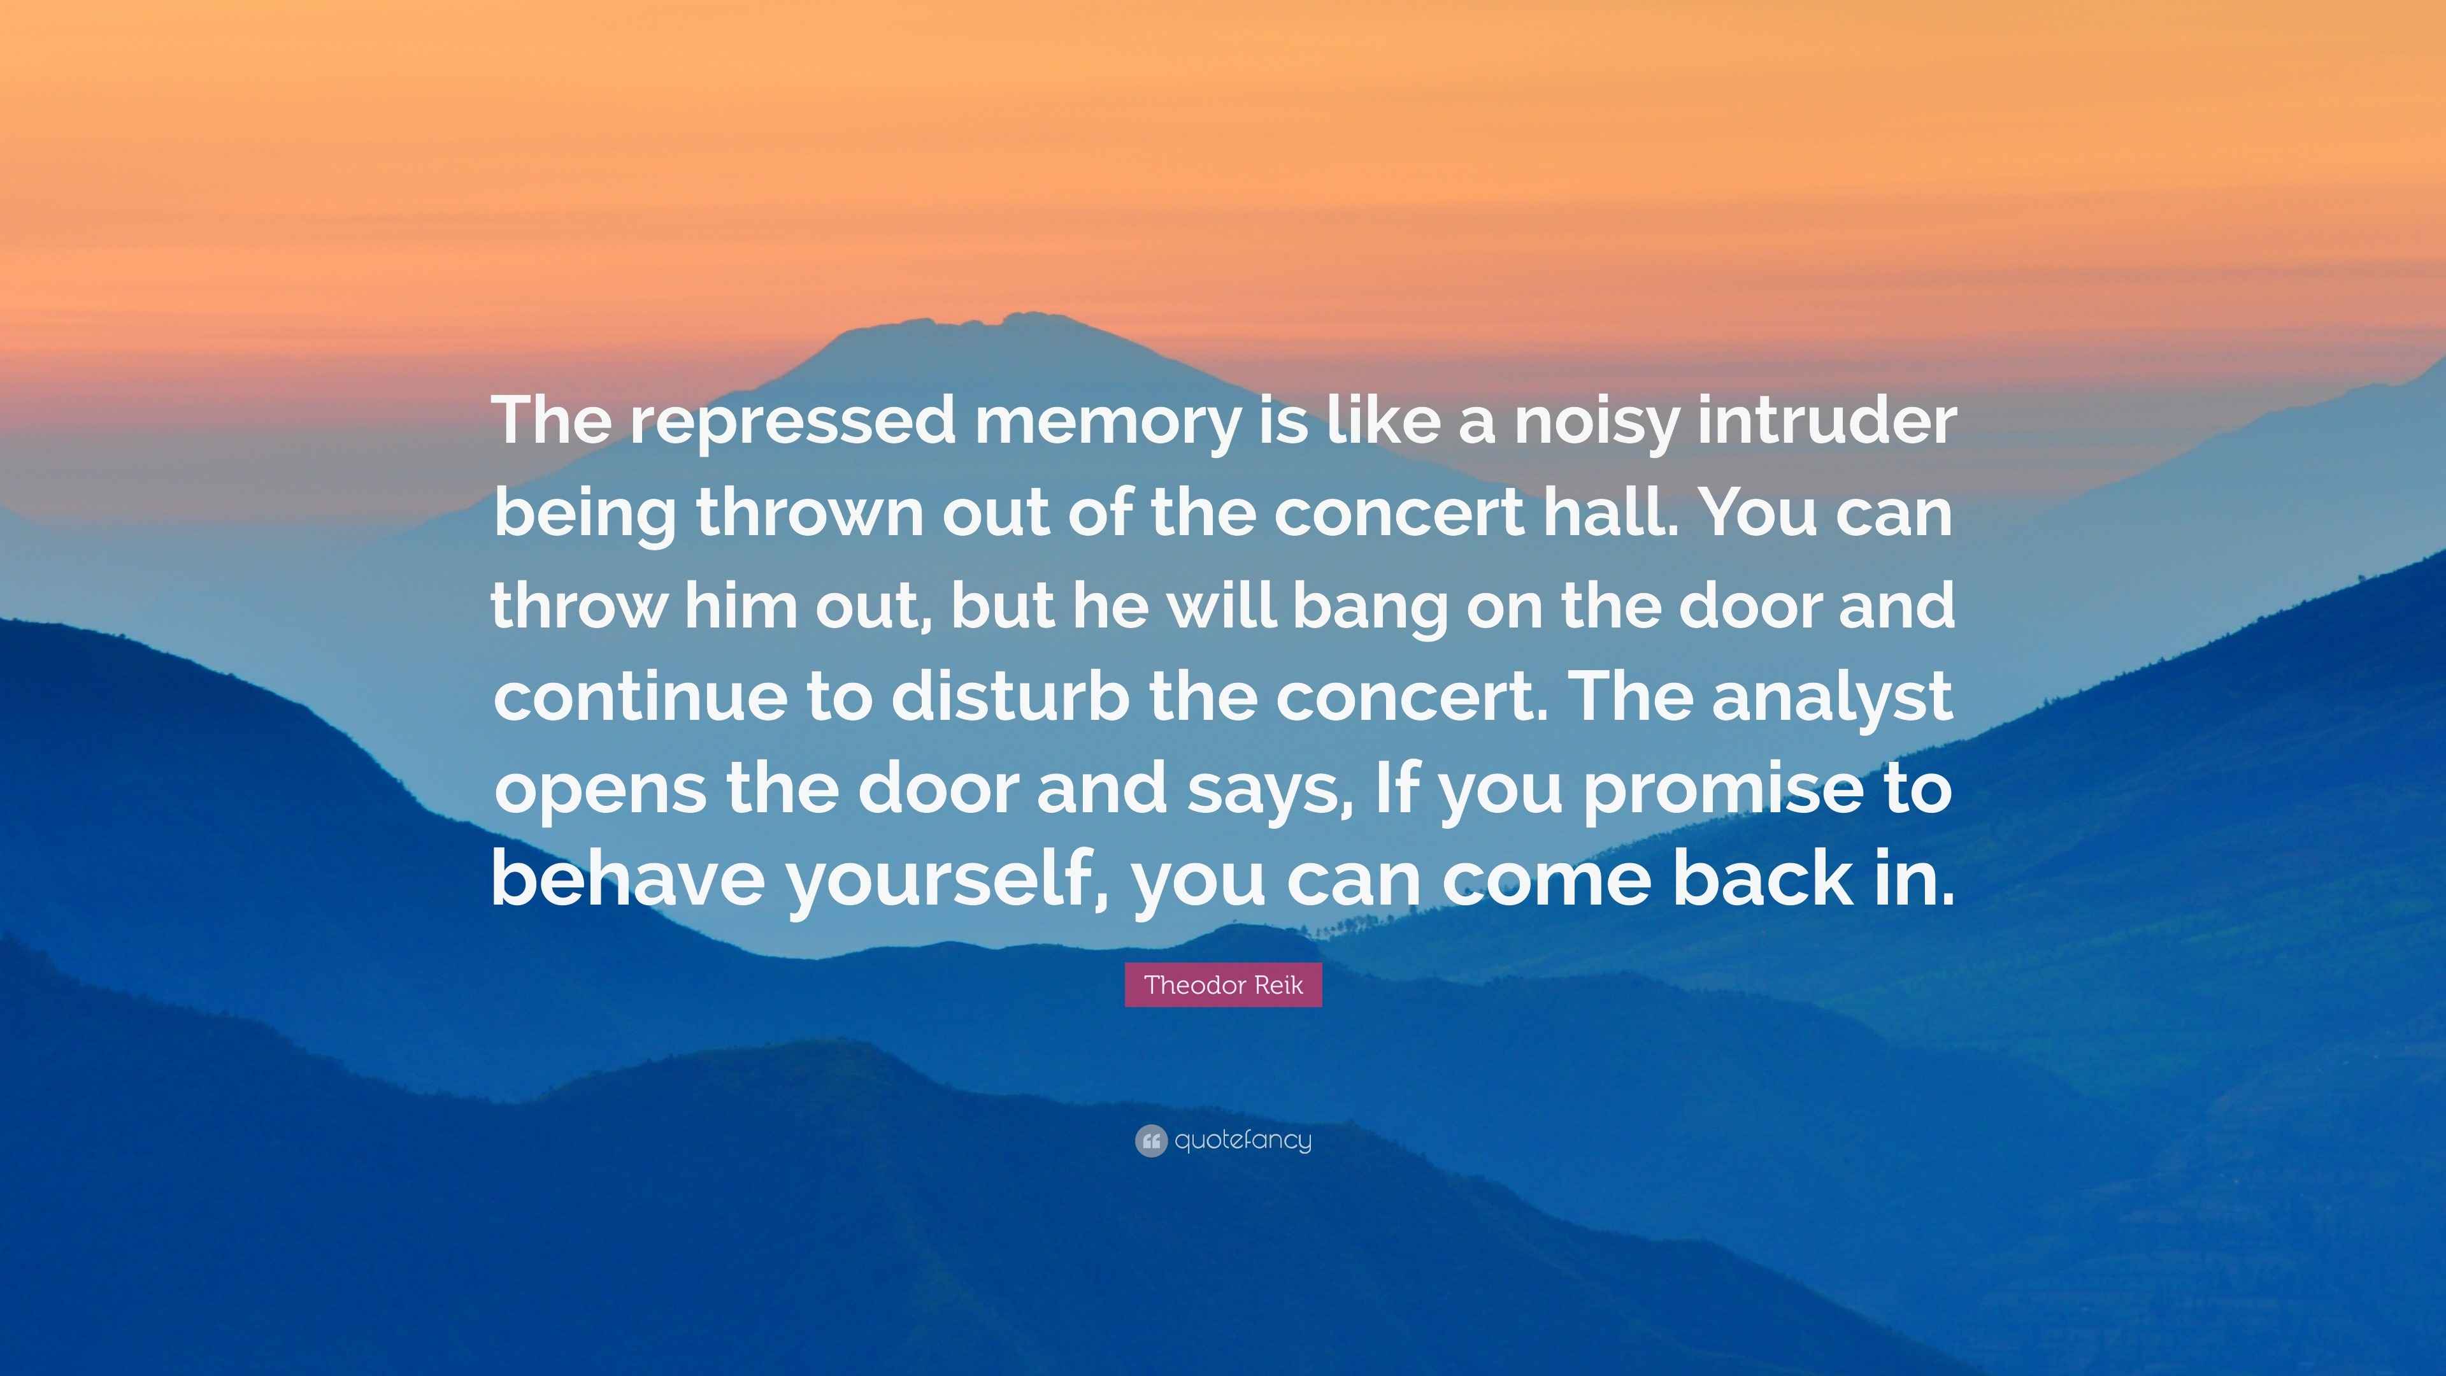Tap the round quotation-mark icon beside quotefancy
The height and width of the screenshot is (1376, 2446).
(1150, 1140)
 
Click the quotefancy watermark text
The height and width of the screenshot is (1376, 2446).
(1243, 1140)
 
